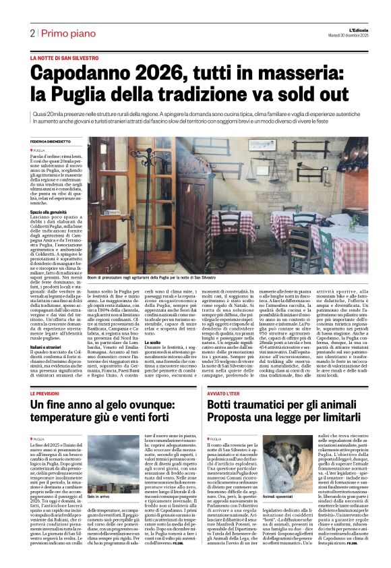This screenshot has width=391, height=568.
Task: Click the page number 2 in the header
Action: pyautogui.click(x=32, y=33)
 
